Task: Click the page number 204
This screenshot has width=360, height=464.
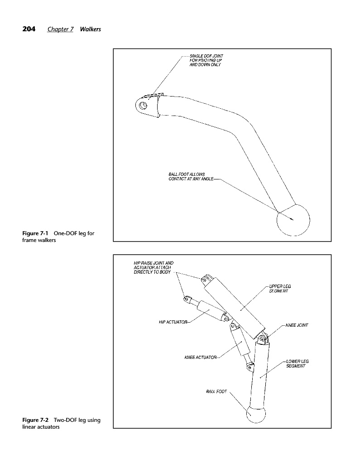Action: pos(29,29)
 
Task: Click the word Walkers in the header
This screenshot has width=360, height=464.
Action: pos(90,29)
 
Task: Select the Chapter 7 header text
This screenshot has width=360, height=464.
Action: pos(60,29)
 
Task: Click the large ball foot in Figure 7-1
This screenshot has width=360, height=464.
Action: pos(293,220)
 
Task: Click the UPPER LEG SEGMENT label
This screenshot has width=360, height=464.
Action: pos(279,289)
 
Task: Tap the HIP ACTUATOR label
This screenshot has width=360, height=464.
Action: pos(173,322)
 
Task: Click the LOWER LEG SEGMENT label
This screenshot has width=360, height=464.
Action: pos(298,363)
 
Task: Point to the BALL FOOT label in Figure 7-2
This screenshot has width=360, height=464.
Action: pos(216,391)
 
